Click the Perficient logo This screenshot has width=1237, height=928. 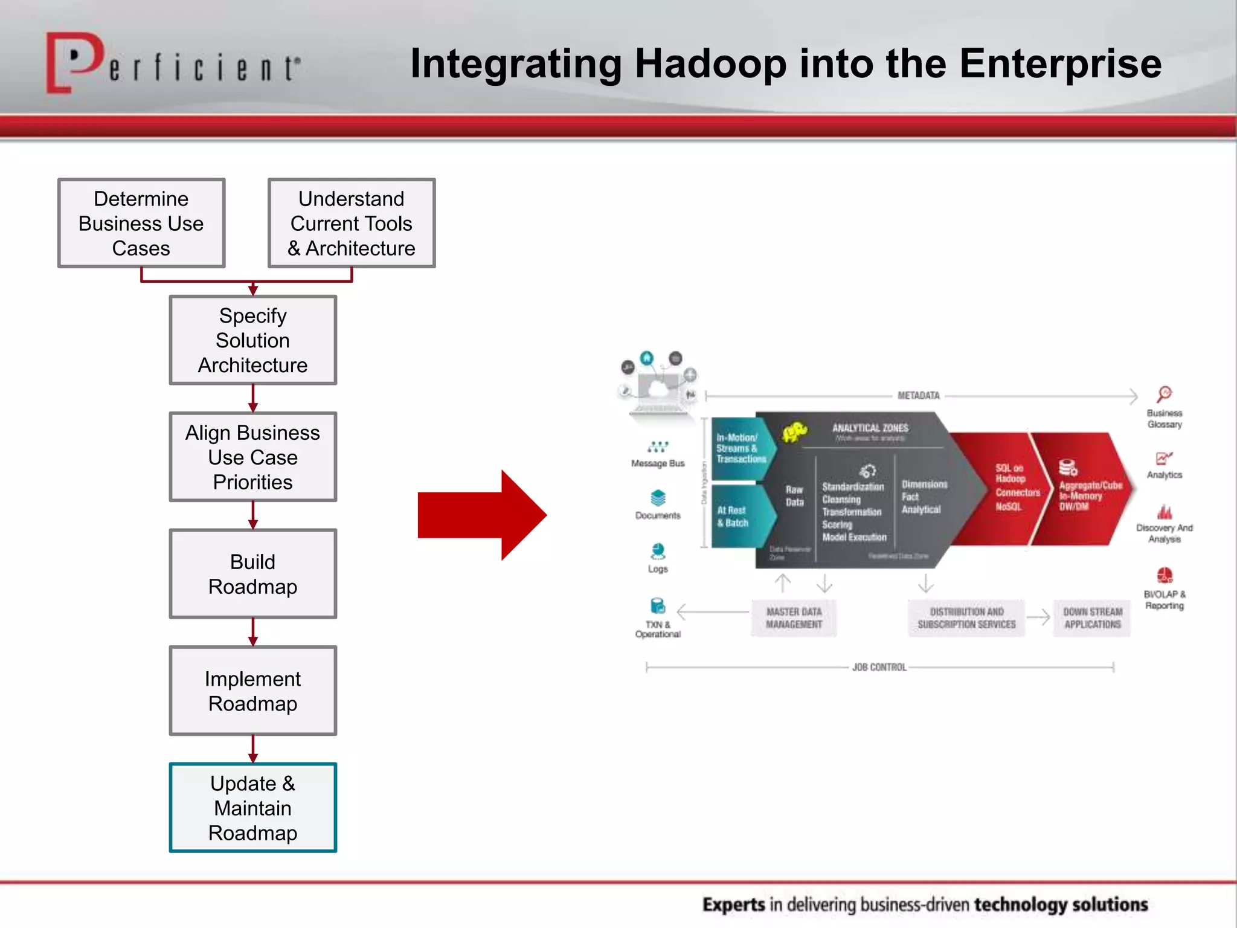pyautogui.click(x=172, y=64)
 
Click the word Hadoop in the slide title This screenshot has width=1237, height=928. pyautogui.click(x=710, y=64)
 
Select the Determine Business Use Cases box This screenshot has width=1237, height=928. pyautogui.click(x=141, y=223)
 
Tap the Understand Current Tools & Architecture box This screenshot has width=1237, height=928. pyautogui.click(x=352, y=223)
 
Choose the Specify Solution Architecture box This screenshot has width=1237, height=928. pyautogui.click(x=252, y=340)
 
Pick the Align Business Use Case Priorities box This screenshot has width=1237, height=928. pyautogui.click(x=252, y=457)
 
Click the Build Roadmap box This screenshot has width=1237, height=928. pyautogui.click(x=252, y=574)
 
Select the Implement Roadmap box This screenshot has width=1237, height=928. pyautogui.click(x=252, y=691)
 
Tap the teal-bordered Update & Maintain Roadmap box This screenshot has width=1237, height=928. pyautogui.click(x=252, y=808)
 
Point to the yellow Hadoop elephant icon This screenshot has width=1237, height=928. pyautogui.click(x=794, y=432)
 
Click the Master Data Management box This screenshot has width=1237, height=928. pyautogui.click(x=794, y=618)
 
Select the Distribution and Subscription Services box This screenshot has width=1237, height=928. pyautogui.click(x=966, y=618)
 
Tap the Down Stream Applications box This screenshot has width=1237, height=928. pyautogui.click(x=1092, y=618)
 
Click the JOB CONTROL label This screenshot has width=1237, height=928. pyautogui.click(x=879, y=667)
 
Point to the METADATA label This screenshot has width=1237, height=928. pyautogui.click(x=918, y=396)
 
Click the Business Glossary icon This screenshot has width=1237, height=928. pyautogui.click(x=1165, y=395)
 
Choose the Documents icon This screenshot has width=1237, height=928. pyautogui.click(x=658, y=498)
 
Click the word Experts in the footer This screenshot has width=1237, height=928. pyautogui.click(x=733, y=904)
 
